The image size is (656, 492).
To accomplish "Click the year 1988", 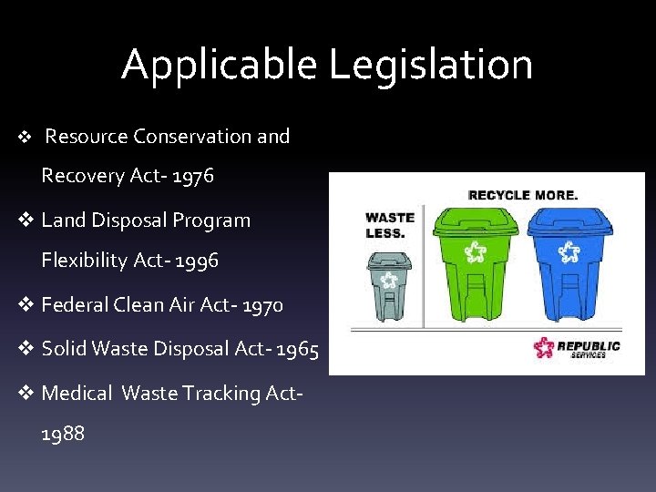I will [x=63, y=434].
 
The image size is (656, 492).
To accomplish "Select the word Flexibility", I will [x=85, y=261].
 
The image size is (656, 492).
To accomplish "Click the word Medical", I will [x=78, y=394].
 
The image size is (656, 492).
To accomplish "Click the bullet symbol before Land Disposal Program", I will [x=27, y=220].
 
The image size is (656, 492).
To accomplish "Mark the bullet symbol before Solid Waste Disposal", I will [x=27, y=349].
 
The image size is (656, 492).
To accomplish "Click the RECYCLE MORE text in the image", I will [x=522, y=195].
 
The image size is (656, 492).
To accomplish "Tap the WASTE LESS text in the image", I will [x=389, y=224].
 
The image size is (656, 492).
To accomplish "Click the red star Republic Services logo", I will [x=544, y=348].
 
